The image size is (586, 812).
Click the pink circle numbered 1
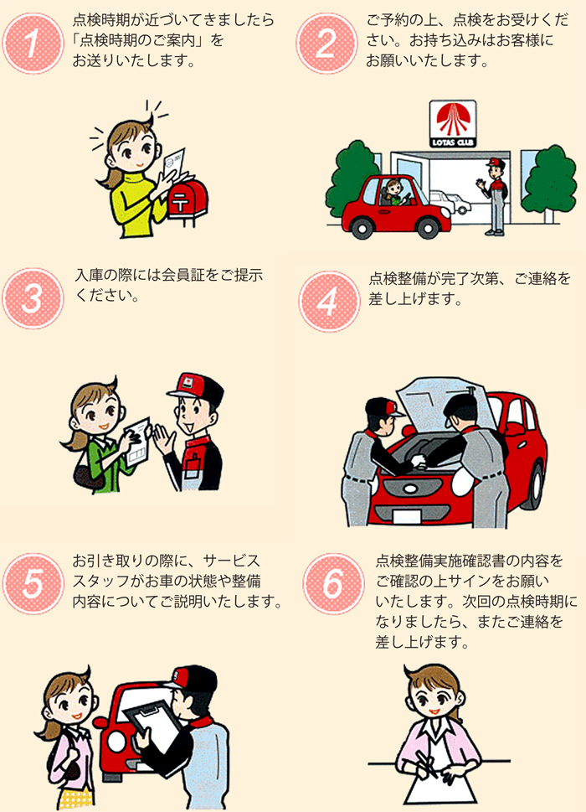(x=33, y=44)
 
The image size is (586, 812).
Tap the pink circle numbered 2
(x=326, y=44)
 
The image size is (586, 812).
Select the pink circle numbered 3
(x=33, y=299)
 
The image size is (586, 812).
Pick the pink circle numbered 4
(x=329, y=302)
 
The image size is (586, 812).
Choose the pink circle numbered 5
(x=33, y=583)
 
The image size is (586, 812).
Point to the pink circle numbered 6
(x=333, y=583)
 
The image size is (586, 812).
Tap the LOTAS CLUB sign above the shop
(x=453, y=124)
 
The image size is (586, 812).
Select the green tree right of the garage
(x=549, y=178)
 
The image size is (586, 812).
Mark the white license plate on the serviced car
(x=407, y=516)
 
